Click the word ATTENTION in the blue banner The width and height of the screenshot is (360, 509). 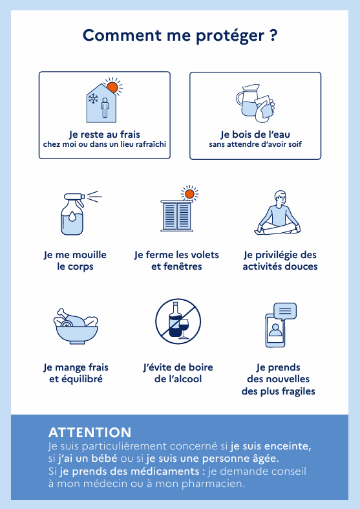(90, 433)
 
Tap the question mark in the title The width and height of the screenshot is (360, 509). (273, 35)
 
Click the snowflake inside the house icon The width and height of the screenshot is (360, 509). (94, 98)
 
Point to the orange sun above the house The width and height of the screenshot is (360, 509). (112, 87)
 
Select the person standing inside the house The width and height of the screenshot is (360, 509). (105, 108)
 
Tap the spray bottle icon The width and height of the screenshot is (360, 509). (75, 213)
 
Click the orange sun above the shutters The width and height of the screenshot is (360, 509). (189, 194)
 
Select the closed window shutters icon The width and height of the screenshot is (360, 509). (176, 216)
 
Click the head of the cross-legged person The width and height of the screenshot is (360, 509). (281, 197)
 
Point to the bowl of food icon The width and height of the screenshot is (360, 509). (76, 326)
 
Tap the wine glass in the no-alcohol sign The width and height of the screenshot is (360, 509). (184, 328)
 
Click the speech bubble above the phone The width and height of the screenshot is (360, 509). (285, 312)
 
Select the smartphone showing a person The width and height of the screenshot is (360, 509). (275, 330)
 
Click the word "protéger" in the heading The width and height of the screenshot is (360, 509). (230, 36)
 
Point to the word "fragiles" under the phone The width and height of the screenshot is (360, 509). (299, 391)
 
